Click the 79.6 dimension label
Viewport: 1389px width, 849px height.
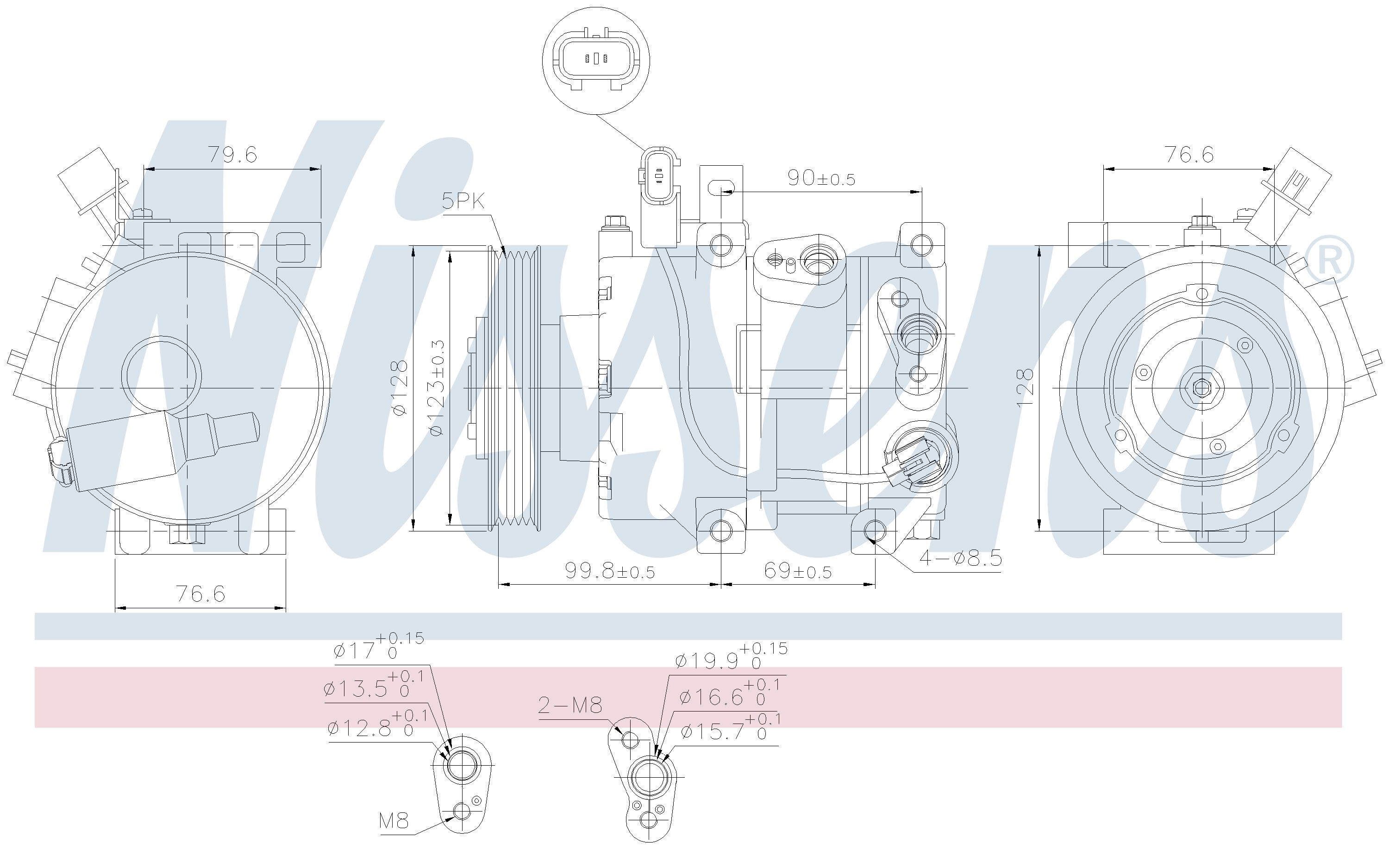[x=233, y=155]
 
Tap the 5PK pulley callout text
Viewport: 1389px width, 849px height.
[x=463, y=201]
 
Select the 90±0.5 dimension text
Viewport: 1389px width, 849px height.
[x=821, y=178]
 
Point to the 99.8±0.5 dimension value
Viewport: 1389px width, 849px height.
[x=610, y=571]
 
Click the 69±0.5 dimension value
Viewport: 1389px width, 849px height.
[x=798, y=571]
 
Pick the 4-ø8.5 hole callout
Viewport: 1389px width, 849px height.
[x=961, y=558]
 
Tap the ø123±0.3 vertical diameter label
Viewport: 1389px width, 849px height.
[x=438, y=388]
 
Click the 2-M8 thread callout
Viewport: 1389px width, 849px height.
[x=570, y=705]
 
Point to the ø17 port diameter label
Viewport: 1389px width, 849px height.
[x=378, y=647]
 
